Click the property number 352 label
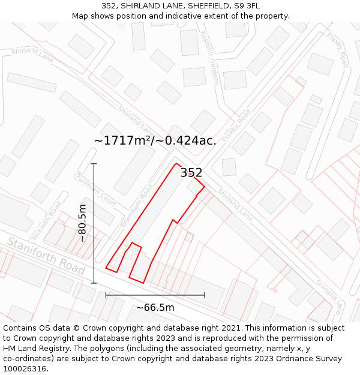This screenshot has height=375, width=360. coord(191,173)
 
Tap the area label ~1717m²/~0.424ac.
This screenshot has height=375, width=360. coord(155,140)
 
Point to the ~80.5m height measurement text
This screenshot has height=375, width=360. coord(83,223)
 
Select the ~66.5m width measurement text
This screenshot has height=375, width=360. coord(155,308)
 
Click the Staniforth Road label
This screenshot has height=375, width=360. coord(46,256)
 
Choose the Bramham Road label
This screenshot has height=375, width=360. coord(137,204)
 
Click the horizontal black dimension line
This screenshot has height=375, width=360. coord(155,295)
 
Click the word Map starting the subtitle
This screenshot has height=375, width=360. coord(80,16)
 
